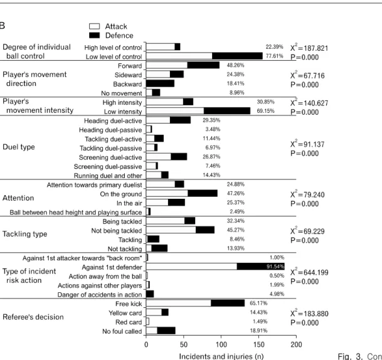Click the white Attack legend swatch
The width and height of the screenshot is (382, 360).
click(x=94, y=26)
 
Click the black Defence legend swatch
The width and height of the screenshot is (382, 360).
click(x=94, y=35)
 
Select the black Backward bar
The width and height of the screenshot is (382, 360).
click(x=161, y=83)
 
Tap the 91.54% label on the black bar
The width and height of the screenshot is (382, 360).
click(x=275, y=267)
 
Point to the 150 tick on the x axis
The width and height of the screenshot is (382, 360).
click(x=258, y=337)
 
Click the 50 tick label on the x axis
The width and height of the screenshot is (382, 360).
click(x=184, y=344)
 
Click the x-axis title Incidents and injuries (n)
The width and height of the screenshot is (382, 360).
click(x=221, y=356)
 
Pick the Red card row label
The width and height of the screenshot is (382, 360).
click(x=129, y=322)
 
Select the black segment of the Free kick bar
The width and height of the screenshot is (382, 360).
click(x=228, y=303)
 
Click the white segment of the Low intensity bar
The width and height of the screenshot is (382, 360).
click(x=175, y=111)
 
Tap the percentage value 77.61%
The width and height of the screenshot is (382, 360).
click(x=274, y=56)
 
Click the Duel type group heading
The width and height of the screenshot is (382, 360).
click(x=19, y=147)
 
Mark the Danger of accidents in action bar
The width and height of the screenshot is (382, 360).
click(x=150, y=294)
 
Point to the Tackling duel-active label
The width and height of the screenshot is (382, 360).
click(x=114, y=139)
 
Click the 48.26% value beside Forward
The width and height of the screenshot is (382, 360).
click(x=236, y=65)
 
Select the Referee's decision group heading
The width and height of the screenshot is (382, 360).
click(x=33, y=317)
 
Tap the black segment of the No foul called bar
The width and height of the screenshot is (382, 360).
click(x=166, y=331)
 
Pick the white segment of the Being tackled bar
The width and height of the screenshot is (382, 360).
click(x=165, y=221)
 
